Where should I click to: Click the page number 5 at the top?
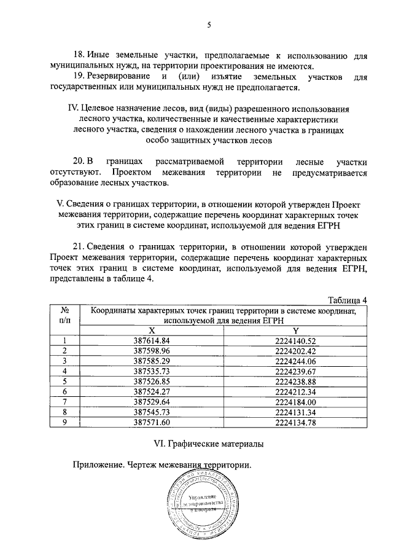point(209,25)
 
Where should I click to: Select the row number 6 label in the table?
point(64,391)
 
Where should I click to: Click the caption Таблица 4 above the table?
point(347,300)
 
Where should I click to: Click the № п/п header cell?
point(64,315)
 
